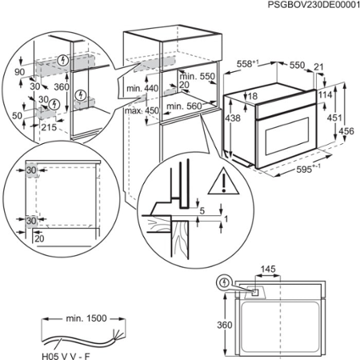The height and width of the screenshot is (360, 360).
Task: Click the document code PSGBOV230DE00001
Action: [303, 6]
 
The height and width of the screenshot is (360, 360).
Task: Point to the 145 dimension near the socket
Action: [266, 270]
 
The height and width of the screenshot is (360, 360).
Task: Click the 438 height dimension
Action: [231, 118]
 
